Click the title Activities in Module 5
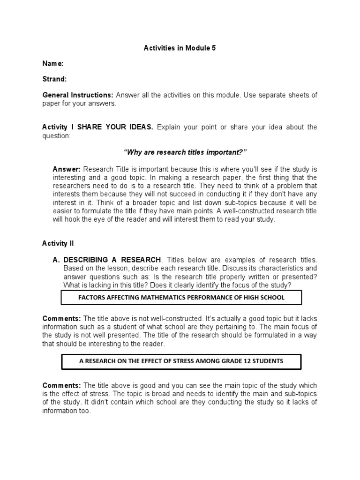[180, 48]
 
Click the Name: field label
[53, 63]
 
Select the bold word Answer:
[67, 169]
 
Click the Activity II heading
[58, 243]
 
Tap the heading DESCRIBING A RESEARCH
[112, 260]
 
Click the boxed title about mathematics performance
[181, 297]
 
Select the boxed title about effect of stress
[181, 361]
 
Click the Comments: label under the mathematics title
[61, 318]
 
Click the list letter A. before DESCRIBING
[57, 260]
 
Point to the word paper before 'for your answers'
[52, 103]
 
